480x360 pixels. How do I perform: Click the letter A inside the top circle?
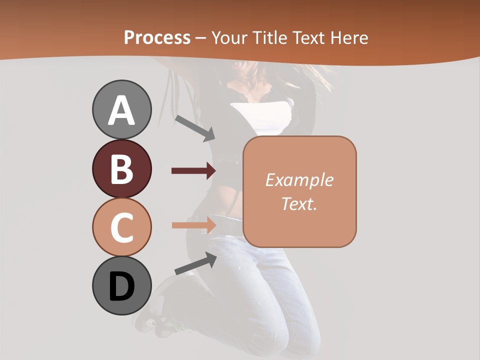coord(121,110)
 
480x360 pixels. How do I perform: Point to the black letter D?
coord(121,287)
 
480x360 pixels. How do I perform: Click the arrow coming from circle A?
coord(194,127)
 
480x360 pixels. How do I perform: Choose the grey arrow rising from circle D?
coord(195,263)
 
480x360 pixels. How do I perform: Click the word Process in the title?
coord(157,38)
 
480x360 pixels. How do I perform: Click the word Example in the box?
coord(299,180)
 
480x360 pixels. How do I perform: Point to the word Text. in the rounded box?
coord(299,203)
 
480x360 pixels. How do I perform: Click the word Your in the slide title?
coord(229,38)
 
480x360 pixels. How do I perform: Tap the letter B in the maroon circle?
coord(121,169)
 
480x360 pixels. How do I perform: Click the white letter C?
coord(121,227)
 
